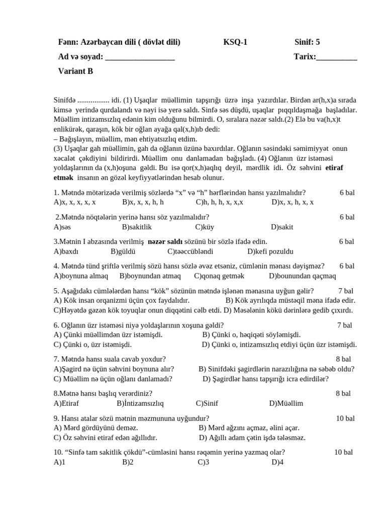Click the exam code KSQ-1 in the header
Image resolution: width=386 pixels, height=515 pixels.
[235, 43]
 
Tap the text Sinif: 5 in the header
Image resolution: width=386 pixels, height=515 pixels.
[307, 43]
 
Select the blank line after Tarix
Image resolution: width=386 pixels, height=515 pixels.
[337, 58]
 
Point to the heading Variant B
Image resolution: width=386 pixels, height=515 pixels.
[75, 71]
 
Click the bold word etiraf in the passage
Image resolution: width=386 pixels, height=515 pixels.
[334, 168]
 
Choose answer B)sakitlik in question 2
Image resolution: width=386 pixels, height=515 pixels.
[137, 227]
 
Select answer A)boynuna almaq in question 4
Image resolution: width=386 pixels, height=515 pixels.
[81, 276]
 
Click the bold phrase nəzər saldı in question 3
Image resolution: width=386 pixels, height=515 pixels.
[165, 242]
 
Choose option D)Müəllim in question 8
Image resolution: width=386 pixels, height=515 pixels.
[286, 403]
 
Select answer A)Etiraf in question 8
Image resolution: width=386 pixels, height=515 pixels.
[66, 403]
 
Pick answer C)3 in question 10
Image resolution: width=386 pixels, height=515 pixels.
[203, 462]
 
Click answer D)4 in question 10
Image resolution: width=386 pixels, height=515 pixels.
[278, 462]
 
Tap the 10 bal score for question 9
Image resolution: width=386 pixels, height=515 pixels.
[345, 418]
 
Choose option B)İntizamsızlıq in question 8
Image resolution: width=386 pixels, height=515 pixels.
[140, 403]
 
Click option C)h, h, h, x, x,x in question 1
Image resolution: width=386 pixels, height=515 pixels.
[220, 202]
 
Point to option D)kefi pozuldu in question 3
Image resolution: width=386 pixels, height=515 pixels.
[270, 251]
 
